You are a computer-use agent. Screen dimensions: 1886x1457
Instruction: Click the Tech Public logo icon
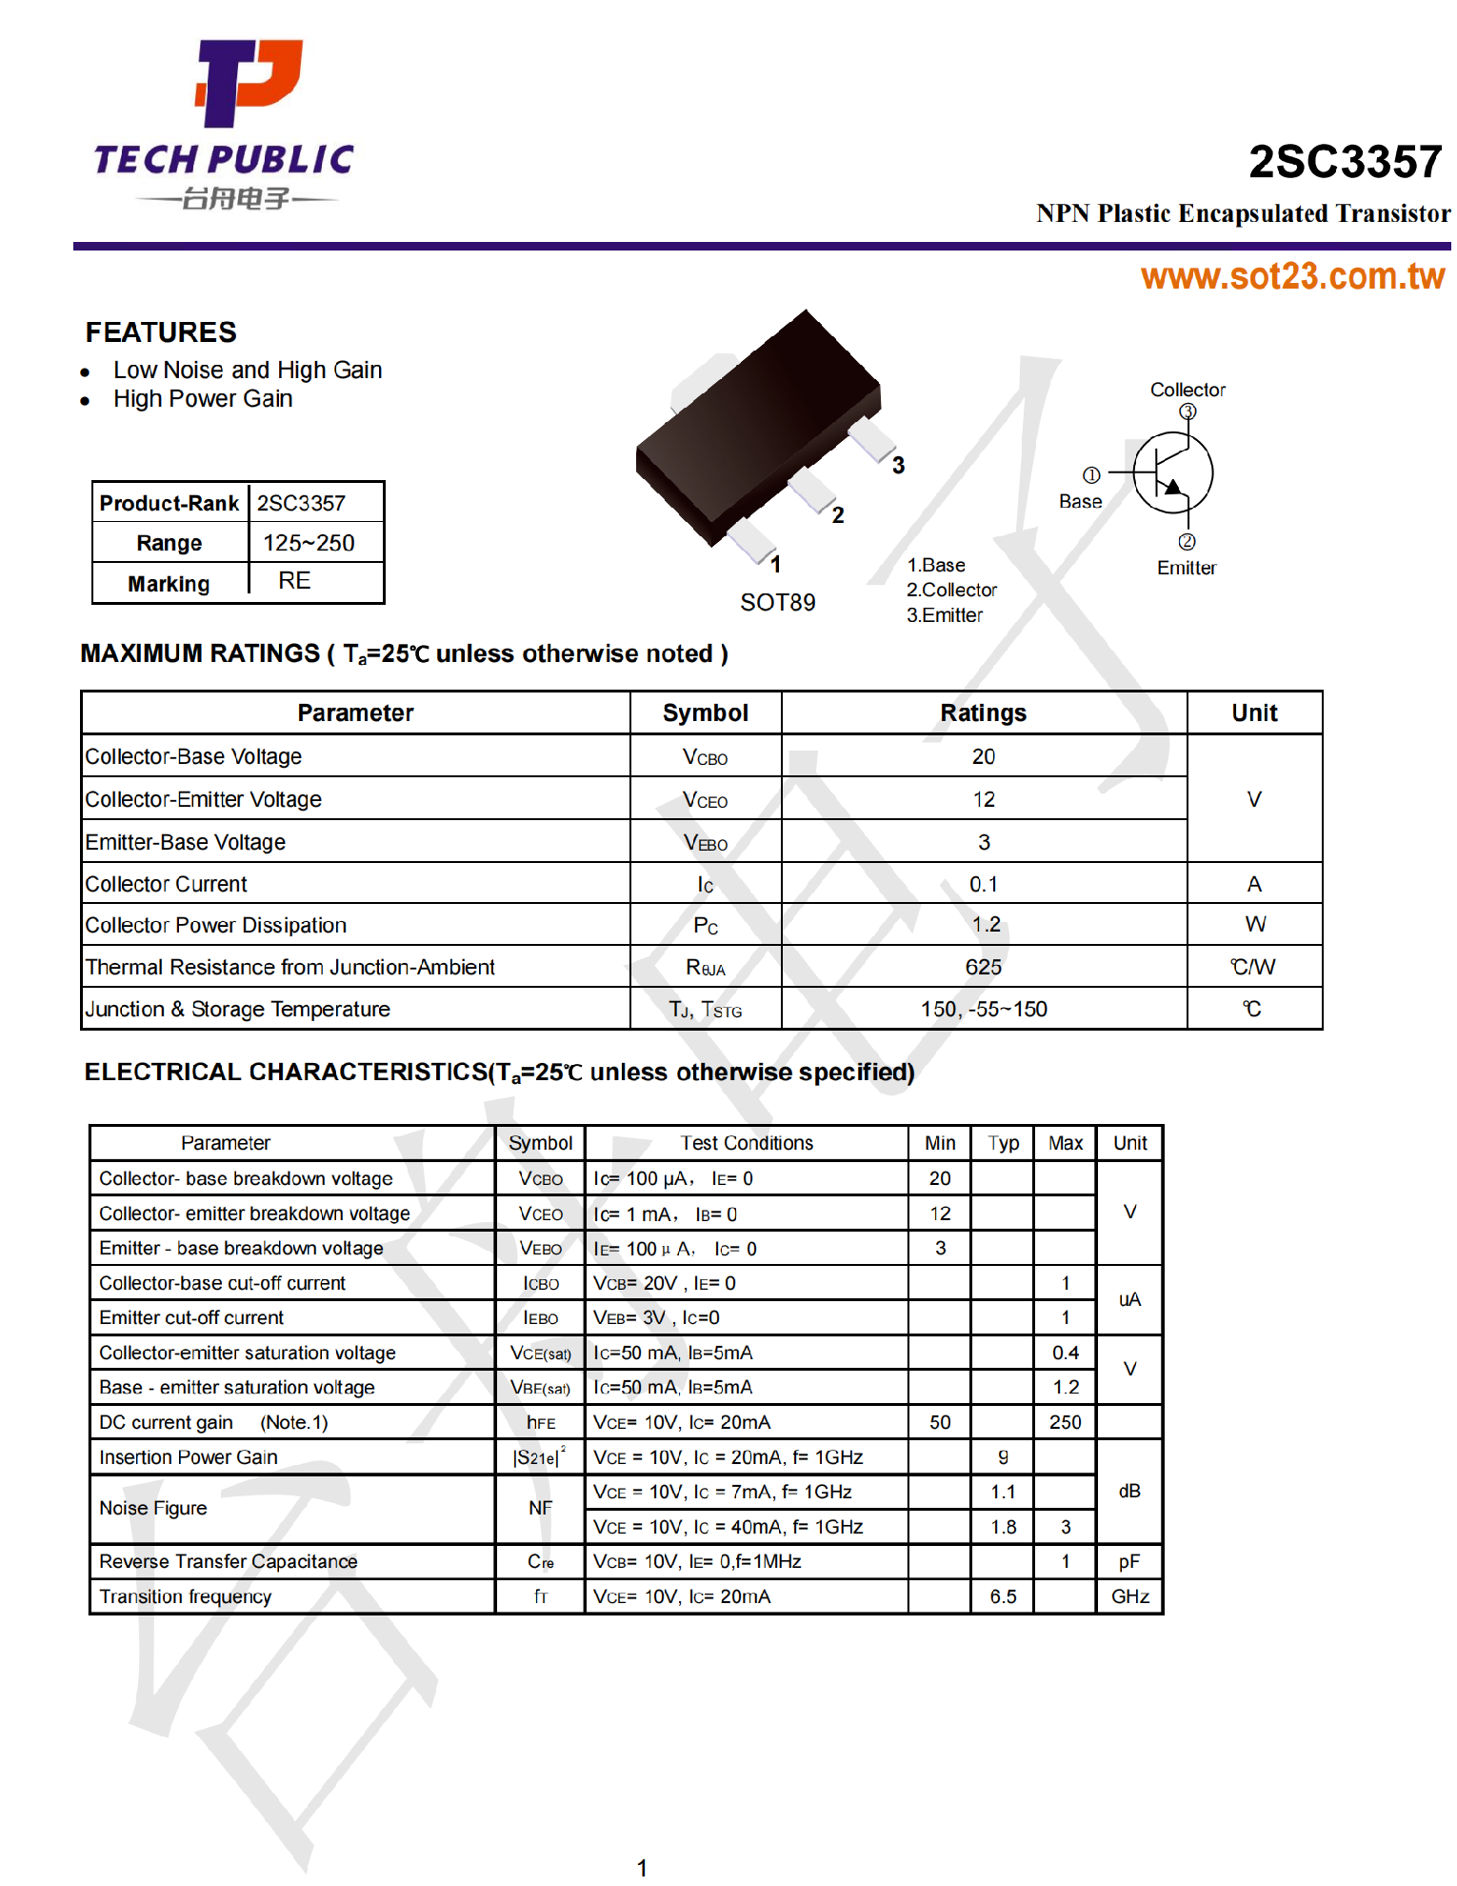(248, 83)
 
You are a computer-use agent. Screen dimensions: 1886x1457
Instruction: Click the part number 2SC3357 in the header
(1345, 162)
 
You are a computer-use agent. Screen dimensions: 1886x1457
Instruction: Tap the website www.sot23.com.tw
(1292, 276)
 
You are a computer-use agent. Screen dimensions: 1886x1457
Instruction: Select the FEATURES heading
(161, 332)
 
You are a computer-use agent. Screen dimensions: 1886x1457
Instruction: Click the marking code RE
(294, 581)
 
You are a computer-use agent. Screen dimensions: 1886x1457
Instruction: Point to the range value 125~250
(309, 543)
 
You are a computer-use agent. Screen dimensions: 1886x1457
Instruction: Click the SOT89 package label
(777, 603)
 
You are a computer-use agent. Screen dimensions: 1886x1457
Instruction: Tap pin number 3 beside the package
(898, 466)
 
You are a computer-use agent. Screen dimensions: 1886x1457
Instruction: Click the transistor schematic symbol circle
(1172, 472)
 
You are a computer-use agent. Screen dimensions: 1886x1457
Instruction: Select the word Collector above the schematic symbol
(1188, 390)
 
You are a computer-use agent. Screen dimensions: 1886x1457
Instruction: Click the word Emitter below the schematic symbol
(1187, 568)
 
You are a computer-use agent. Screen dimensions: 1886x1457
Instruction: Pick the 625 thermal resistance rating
(983, 968)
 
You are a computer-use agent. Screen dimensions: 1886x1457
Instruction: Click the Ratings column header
(983, 713)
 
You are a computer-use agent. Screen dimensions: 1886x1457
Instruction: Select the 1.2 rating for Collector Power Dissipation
(986, 925)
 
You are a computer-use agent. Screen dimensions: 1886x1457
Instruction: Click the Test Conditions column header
(747, 1143)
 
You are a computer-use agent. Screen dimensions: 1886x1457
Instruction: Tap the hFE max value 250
(1065, 1422)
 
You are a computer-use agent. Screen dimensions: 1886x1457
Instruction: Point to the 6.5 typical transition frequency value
(1003, 1596)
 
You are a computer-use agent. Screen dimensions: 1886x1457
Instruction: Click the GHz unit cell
(1129, 1596)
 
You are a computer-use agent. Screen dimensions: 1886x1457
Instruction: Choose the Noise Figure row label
(153, 1508)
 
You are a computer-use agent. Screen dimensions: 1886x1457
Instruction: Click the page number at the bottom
(642, 1868)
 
